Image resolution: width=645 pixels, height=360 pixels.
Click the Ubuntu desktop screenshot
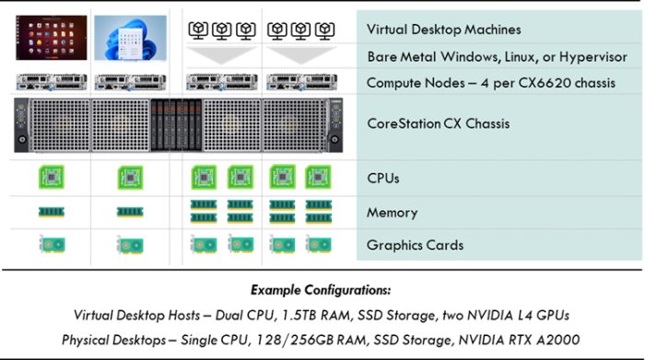52,38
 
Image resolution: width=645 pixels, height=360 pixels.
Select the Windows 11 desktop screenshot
131,38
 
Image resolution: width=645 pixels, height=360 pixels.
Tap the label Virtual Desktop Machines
443,29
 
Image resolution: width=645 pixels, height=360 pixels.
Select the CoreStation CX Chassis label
438,123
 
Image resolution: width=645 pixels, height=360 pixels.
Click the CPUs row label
383,179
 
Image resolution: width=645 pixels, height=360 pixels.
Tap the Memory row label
392,213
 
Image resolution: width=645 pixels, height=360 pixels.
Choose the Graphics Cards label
415,245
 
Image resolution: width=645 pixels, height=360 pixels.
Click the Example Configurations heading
321,290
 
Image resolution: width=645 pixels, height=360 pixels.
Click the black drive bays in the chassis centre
176,124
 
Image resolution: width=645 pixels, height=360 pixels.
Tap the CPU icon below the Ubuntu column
52,177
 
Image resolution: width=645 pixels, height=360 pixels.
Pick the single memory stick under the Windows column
130,212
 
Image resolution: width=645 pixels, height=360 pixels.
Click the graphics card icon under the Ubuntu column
53,244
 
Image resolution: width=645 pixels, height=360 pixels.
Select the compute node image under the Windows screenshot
130,82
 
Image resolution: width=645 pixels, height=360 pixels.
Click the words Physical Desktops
113,341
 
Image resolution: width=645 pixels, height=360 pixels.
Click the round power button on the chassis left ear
22,140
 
